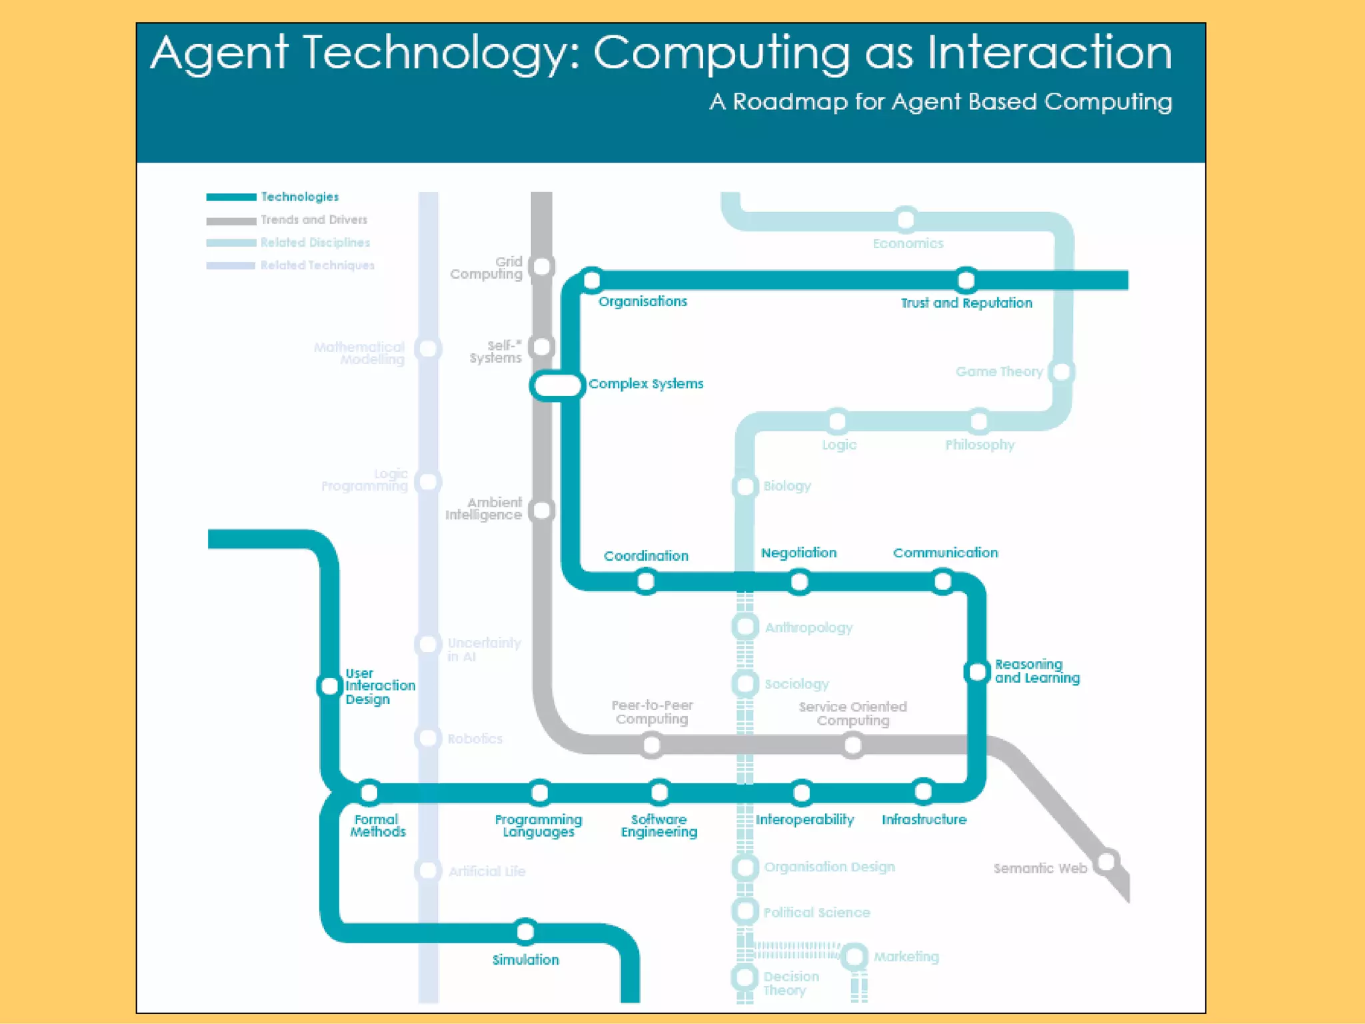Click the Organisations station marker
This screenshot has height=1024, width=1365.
(x=592, y=280)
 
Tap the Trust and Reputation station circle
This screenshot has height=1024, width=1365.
(x=966, y=280)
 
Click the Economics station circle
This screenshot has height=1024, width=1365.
(x=906, y=219)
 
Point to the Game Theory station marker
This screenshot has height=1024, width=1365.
(x=1061, y=371)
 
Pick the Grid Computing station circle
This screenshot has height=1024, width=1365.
(x=542, y=267)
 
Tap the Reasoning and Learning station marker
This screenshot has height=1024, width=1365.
(x=976, y=672)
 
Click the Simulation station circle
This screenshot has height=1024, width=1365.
(x=525, y=931)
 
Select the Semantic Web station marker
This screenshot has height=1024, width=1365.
(x=1106, y=861)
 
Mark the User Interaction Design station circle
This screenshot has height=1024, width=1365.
(x=329, y=685)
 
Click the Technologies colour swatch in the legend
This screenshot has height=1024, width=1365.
(x=231, y=197)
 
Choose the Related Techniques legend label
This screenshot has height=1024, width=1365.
(x=317, y=265)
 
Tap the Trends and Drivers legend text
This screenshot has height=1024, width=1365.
(x=314, y=220)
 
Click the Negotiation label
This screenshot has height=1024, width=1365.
(x=798, y=553)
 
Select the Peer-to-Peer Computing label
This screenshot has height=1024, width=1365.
(x=652, y=712)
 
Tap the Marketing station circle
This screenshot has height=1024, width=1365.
(x=854, y=957)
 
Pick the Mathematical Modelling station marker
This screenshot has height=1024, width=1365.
(x=428, y=348)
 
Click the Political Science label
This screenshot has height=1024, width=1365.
(x=816, y=913)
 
